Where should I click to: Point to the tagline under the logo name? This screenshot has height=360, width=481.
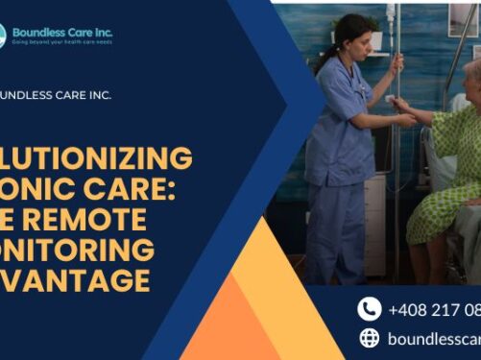tap(61, 42)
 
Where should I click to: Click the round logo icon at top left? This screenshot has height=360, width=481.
tap(3, 36)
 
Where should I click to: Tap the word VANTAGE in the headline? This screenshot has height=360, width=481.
tap(76, 281)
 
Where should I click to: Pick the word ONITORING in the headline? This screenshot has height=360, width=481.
tap(77, 251)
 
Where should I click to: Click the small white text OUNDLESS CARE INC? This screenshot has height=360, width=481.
tap(57, 94)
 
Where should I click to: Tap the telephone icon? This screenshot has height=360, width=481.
tap(370, 308)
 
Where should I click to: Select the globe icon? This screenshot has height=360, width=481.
tap(370, 337)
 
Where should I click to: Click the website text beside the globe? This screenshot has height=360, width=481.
tap(433, 338)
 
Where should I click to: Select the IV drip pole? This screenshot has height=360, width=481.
tap(395, 144)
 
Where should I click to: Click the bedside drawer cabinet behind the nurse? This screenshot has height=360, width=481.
tap(374, 222)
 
